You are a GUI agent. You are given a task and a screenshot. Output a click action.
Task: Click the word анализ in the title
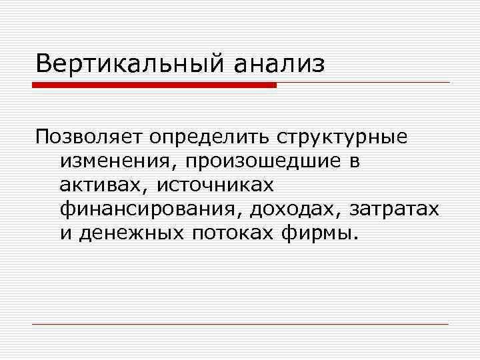(x=279, y=65)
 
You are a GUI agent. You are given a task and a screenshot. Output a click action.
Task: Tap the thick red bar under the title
(x=154, y=85)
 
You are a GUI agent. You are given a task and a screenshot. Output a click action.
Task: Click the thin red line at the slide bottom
(x=240, y=324)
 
